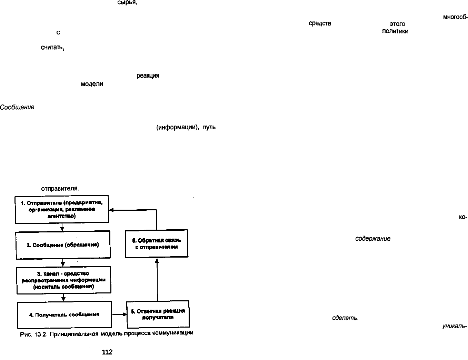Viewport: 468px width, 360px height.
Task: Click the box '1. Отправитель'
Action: (62, 209)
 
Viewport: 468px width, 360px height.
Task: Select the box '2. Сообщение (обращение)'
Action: (63, 245)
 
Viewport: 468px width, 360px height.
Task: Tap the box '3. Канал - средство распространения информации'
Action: (64, 280)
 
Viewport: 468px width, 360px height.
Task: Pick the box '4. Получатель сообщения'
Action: (64, 315)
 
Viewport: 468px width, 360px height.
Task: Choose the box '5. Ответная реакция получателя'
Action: (158, 314)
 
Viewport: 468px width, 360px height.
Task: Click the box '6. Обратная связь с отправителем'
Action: (157, 244)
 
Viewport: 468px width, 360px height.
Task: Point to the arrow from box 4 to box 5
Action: (119, 314)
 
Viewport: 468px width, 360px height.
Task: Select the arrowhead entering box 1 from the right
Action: (111, 210)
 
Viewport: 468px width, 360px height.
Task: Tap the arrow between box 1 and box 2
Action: (62, 227)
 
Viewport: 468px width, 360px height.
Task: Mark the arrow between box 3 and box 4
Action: (63, 298)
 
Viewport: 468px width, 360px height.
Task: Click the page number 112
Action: (107, 352)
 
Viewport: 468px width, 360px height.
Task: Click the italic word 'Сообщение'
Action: (17, 107)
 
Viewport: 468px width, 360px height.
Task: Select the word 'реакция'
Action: (148, 76)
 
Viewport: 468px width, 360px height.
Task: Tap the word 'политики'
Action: (395, 31)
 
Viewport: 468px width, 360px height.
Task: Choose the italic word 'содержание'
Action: (373, 239)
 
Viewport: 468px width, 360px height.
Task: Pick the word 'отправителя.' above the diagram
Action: (60, 189)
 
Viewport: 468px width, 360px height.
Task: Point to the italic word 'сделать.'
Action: (345, 318)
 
